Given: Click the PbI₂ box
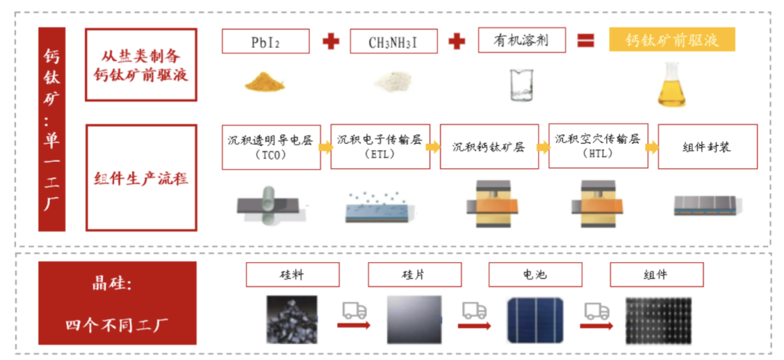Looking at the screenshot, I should coord(266,41).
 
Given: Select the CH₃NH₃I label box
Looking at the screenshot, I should coord(393,41).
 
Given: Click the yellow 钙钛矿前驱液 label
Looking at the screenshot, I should coord(671,40).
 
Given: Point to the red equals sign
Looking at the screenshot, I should coord(586,41).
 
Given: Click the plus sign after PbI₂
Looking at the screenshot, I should coord(330,41).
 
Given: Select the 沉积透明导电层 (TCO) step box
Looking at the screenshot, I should coord(269,147).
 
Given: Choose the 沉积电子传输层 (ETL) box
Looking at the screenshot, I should coord(380,147).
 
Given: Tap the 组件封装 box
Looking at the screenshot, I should coord(707,147).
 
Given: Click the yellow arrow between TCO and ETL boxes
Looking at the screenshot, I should coord(325,147).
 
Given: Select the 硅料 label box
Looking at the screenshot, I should coord(293,274).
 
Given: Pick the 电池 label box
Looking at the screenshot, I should coord(535,274).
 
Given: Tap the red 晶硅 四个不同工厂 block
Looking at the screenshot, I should coord(118,303).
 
